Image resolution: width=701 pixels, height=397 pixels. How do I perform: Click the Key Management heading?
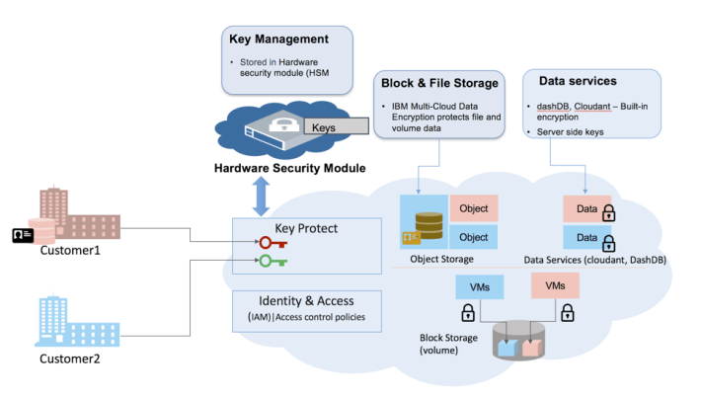277,40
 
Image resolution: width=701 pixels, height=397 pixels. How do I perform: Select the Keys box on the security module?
325,127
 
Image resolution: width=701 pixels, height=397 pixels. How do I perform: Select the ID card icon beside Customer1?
22,234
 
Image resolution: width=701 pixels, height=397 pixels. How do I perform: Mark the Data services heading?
578,79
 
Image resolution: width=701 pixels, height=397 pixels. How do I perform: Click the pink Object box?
473,209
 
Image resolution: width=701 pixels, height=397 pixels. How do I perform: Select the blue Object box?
473,237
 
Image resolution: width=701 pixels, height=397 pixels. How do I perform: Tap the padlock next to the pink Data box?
608,211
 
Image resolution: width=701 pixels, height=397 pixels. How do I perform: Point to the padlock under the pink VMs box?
567,313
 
